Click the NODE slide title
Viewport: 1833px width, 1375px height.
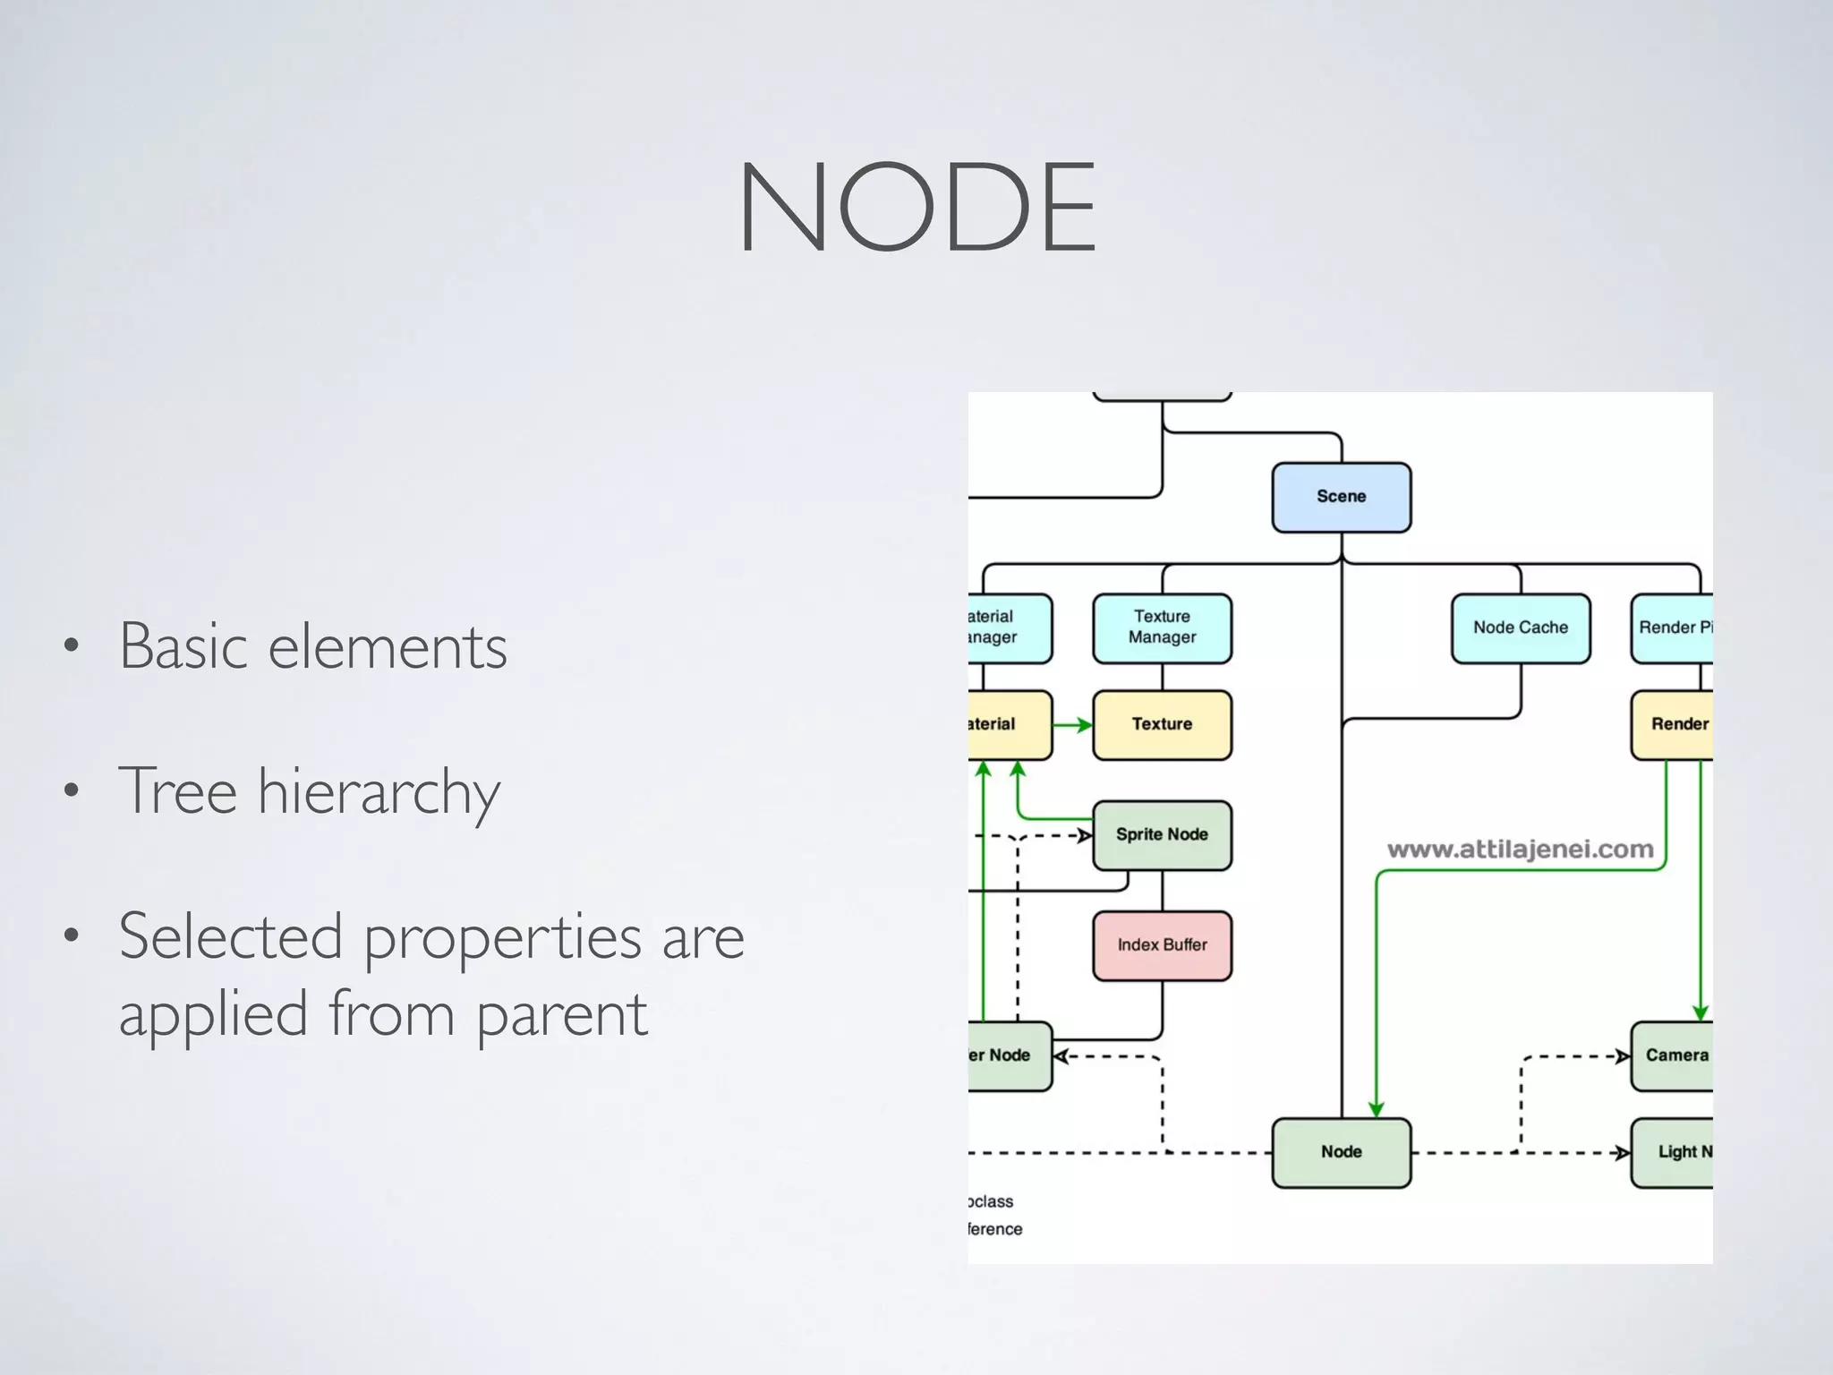coord(916,208)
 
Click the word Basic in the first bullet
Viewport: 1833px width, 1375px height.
coord(183,645)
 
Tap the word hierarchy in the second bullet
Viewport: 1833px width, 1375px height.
coord(379,792)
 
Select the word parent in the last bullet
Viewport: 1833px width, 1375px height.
coord(561,1016)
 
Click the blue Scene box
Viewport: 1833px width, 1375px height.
coord(1341,497)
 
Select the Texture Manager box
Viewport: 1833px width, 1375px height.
coord(1162,628)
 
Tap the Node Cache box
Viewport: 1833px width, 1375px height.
coord(1520,628)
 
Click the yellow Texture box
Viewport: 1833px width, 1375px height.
coord(1162,724)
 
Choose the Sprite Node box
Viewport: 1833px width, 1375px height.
coord(1162,835)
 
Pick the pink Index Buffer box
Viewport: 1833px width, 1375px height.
coord(1162,945)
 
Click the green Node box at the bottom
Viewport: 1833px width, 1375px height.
coord(1341,1152)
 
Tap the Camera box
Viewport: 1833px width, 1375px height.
coord(1673,1055)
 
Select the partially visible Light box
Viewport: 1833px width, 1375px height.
coord(1675,1152)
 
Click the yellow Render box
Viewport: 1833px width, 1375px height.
coord(1673,724)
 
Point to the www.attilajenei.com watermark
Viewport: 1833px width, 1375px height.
coord(1520,849)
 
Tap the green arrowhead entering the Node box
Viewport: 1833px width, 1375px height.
coord(1377,1109)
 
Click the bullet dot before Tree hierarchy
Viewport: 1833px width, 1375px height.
coord(72,790)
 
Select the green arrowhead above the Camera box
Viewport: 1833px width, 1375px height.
coord(1701,1012)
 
